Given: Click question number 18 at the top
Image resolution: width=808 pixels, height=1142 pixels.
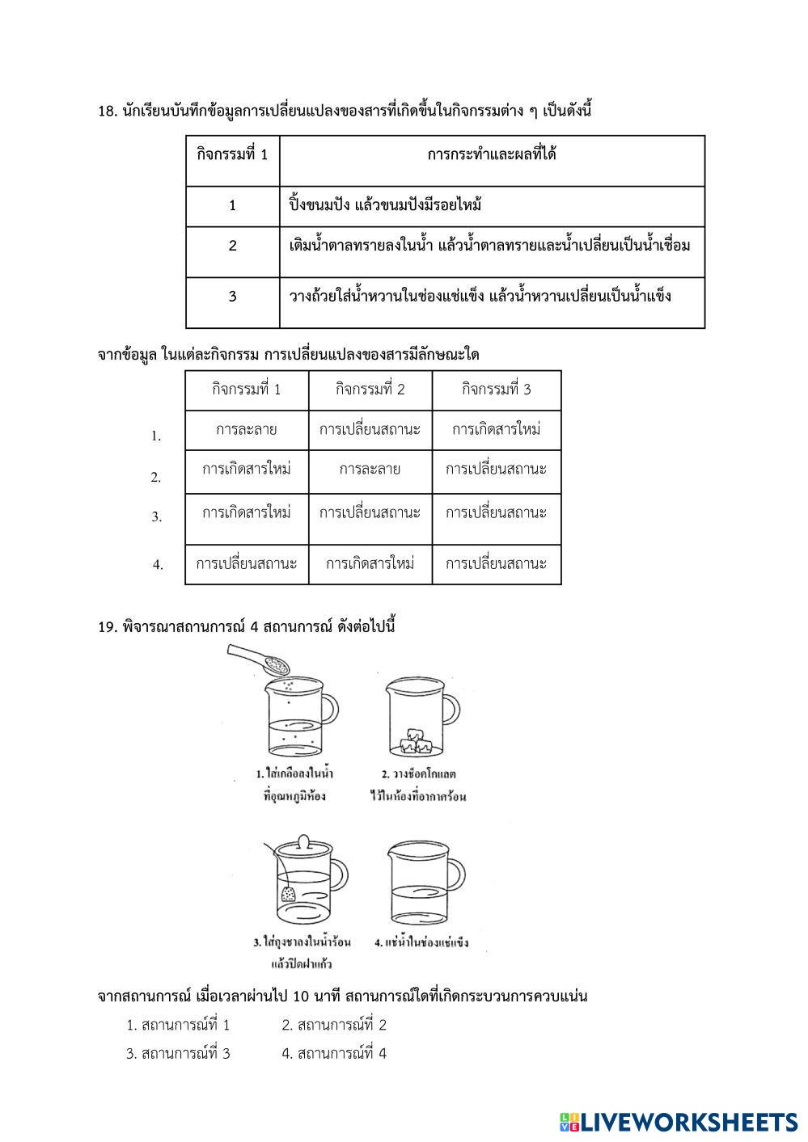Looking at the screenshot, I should [108, 112].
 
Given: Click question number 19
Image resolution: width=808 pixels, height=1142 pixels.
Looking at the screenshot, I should [108, 626].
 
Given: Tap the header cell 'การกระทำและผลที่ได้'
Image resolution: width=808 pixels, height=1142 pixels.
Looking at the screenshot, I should [492, 154].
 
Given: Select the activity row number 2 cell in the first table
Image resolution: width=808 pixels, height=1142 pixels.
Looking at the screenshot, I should [232, 247].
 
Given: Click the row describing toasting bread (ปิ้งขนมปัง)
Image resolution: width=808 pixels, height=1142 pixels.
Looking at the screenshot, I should [385, 205].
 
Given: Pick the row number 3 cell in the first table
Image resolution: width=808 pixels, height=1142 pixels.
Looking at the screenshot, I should [232, 297].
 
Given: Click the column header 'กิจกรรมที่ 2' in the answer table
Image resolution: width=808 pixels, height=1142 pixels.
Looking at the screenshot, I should [370, 390].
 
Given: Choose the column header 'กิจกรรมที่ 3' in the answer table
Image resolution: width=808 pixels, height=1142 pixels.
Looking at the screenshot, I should [497, 390].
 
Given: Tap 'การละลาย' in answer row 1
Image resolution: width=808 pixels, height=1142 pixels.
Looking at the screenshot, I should [247, 429].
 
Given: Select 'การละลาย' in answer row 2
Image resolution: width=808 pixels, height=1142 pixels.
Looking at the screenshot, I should [370, 469].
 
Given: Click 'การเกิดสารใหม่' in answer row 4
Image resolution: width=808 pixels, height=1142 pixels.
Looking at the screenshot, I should [370, 563].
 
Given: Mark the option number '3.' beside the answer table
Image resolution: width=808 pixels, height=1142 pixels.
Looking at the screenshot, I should [157, 516].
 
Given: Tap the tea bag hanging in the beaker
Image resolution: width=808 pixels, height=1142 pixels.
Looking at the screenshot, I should [288, 893].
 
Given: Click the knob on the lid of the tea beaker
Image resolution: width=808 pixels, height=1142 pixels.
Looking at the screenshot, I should [301, 841].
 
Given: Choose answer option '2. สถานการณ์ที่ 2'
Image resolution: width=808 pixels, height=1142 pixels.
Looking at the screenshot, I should [334, 1026].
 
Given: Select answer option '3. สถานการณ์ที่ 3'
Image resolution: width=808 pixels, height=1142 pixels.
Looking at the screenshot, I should [178, 1054].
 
